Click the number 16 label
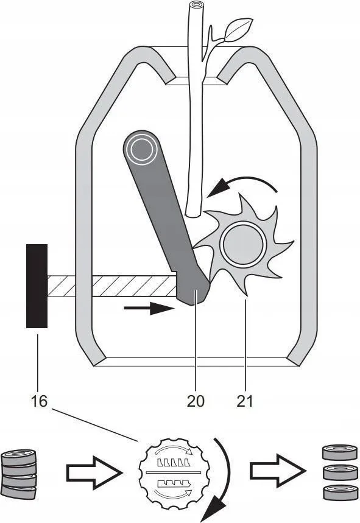(39, 401)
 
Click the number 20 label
(196, 401)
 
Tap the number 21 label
(245, 401)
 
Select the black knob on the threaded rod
(37, 286)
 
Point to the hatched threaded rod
(111, 286)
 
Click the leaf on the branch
(239, 29)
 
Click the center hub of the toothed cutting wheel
(244, 244)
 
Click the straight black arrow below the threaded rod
(149, 308)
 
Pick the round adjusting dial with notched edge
(174, 473)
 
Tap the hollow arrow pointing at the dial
(94, 472)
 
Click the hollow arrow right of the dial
(278, 471)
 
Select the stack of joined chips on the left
(19, 474)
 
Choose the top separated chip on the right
(340, 452)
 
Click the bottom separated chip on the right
(340, 492)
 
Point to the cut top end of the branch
(196, 5)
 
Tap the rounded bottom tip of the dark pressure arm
(196, 300)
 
